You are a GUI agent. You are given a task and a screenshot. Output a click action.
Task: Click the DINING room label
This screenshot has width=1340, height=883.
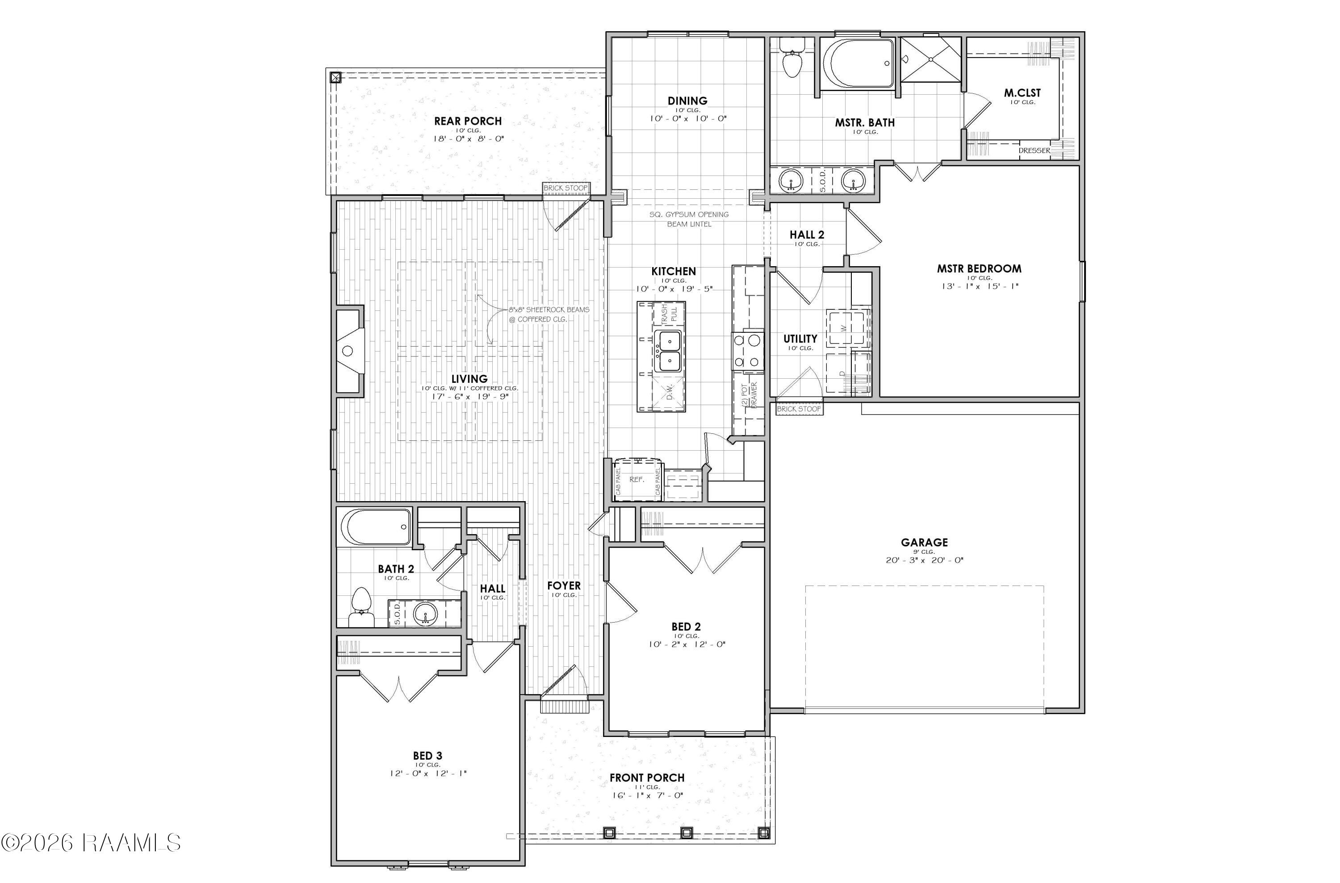(x=687, y=101)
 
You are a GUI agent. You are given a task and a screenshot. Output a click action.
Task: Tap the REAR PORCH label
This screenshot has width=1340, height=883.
(x=467, y=121)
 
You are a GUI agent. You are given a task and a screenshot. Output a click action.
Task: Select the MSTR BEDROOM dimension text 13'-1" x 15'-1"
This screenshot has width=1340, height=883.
(x=980, y=286)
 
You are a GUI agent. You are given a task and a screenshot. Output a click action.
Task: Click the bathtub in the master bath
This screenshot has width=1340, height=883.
(x=858, y=63)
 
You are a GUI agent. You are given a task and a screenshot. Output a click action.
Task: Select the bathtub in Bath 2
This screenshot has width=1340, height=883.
(x=377, y=527)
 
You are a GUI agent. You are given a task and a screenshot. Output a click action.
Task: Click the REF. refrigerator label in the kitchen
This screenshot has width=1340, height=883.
(x=637, y=479)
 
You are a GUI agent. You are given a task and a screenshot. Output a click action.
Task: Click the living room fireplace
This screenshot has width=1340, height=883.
(x=349, y=350)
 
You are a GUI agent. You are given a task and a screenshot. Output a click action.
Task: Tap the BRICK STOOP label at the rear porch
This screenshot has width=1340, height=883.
(x=565, y=188)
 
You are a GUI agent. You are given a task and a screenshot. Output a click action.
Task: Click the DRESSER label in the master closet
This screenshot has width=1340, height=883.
(x=1034, y=151)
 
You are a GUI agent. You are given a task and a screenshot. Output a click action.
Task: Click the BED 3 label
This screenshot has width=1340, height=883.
(x=427, y=756)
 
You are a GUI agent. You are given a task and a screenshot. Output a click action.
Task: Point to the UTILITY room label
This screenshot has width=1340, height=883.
(x=800, y=339)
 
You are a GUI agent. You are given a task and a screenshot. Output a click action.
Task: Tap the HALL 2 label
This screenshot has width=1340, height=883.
(x=807, y=235)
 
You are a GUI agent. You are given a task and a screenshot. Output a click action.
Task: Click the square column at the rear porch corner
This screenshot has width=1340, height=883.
(x=335, y=77)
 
